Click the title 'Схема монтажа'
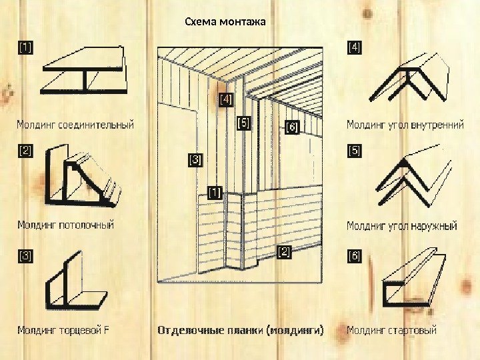pos(225,22)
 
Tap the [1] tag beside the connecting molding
pos(25,47)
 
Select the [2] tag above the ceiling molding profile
pos(25,151)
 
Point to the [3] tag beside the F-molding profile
pos(25,255)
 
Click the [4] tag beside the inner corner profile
pos(354,47)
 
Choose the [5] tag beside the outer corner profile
pos(354,151)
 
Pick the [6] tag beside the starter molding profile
pos(354,255)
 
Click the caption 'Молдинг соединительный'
pos(75,125)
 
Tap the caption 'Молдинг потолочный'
pos(65,225)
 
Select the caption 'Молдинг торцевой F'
pos(63,329)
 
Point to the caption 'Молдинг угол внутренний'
pos(405,125)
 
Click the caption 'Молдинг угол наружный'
pos(401,226)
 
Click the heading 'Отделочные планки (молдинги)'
pos(240,329)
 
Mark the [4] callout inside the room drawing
pos(226,99)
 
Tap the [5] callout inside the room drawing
pos(244,123)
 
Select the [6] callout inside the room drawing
pos(292,126)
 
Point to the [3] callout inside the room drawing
pos(196,160)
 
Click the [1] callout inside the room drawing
pos(215,192)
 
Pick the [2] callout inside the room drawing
pos(284,251)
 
